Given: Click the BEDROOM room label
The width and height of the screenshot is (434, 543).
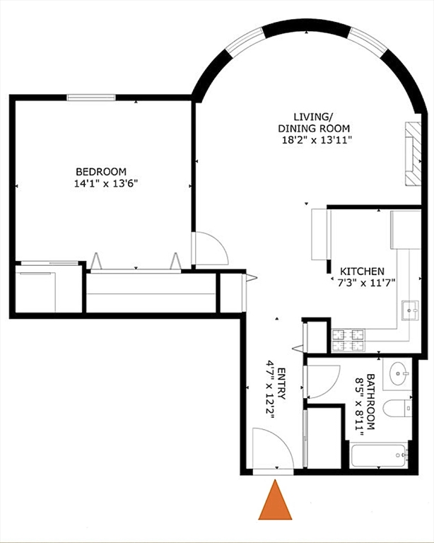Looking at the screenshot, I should click(x=101, y=171).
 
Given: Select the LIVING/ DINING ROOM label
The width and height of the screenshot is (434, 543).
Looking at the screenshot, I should click(x=313, y=122).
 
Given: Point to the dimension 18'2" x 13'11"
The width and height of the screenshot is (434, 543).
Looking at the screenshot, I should click(x=313, y=140).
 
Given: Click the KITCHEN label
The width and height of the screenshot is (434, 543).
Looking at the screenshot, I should click(x=362, y=271).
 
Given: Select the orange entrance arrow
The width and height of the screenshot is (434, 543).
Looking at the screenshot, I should click(x=276, y=501).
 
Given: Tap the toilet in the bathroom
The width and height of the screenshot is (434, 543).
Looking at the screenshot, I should click(x=400, y=409).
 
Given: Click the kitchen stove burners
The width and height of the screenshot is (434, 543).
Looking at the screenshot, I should click(x=348, y=340).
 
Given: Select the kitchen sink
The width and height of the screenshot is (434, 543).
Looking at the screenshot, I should click(x=409, y=309).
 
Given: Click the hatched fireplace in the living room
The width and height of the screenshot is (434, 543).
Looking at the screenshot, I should click(x=412, y=153).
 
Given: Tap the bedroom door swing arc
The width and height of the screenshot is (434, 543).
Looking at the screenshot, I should click(x=210, y=249).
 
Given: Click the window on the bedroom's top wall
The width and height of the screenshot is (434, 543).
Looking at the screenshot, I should click(x=90, y=97).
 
